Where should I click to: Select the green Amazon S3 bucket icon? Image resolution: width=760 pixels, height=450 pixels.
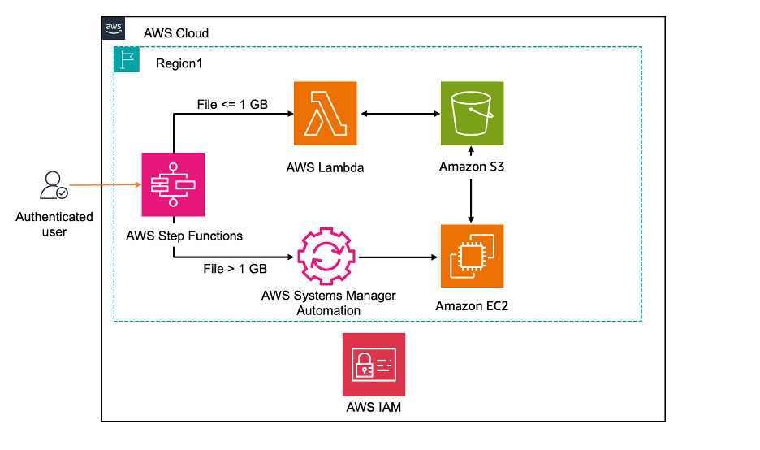[x=471, y=113]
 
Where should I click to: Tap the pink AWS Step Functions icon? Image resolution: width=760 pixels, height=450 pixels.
[x=173, y=184]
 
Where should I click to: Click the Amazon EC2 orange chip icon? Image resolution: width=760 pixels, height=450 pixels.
[x=471, y=257]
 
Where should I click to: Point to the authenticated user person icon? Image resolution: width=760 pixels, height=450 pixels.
[x=54, y=186]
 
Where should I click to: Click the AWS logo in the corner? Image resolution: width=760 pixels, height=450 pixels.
[x=114, y=28]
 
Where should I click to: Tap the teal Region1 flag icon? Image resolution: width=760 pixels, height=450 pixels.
[x=126, y=59]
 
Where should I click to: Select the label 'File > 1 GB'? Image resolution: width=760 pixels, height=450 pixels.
[x=235, y=269]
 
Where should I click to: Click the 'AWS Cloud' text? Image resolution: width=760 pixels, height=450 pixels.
[x=175, y=33]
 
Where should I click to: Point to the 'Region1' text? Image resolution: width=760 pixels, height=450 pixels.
[x=179, y=63]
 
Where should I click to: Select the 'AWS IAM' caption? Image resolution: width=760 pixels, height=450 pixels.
[x=374, y=407]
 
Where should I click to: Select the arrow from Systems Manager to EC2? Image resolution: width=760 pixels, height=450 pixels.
[x=395, y=257]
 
